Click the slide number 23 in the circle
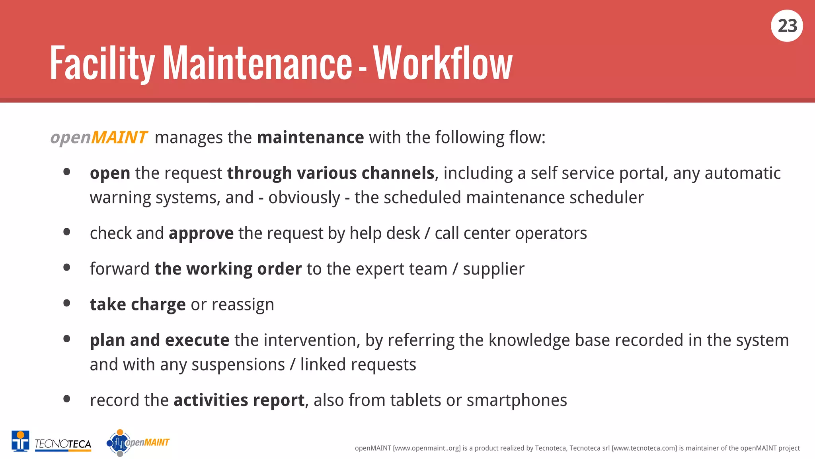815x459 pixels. (787, 26)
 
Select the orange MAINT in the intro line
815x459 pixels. (119, 137)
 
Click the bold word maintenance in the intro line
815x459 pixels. (310, 137)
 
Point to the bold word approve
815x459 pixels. (201, 233)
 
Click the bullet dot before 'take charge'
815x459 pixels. (67, 304)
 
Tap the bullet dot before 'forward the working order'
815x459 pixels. (67, 268)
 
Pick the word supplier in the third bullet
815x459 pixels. (493, 269)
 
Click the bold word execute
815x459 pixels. (197, 340)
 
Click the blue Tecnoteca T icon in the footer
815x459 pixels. (20, 441)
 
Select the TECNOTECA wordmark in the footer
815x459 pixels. (63, 444)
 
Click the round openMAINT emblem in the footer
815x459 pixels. (119, 443)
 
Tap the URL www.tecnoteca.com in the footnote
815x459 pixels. (644, 448)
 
